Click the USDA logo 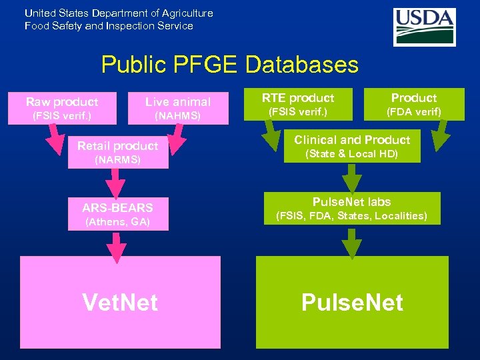(424, 27)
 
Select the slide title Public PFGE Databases (229, 65)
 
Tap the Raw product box (62, 108)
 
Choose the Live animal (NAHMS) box (178, 108)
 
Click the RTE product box (297, 104)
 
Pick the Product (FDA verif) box (414, 104)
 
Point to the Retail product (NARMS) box (117, 152)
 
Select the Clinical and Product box (351, 146)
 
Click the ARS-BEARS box (117, 213)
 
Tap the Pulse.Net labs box (351, 208)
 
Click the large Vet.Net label (120, 302)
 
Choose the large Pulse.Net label (352, 302)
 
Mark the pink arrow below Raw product (53, 137)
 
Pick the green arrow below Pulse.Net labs (351, 241)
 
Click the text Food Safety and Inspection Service (109, 26)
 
